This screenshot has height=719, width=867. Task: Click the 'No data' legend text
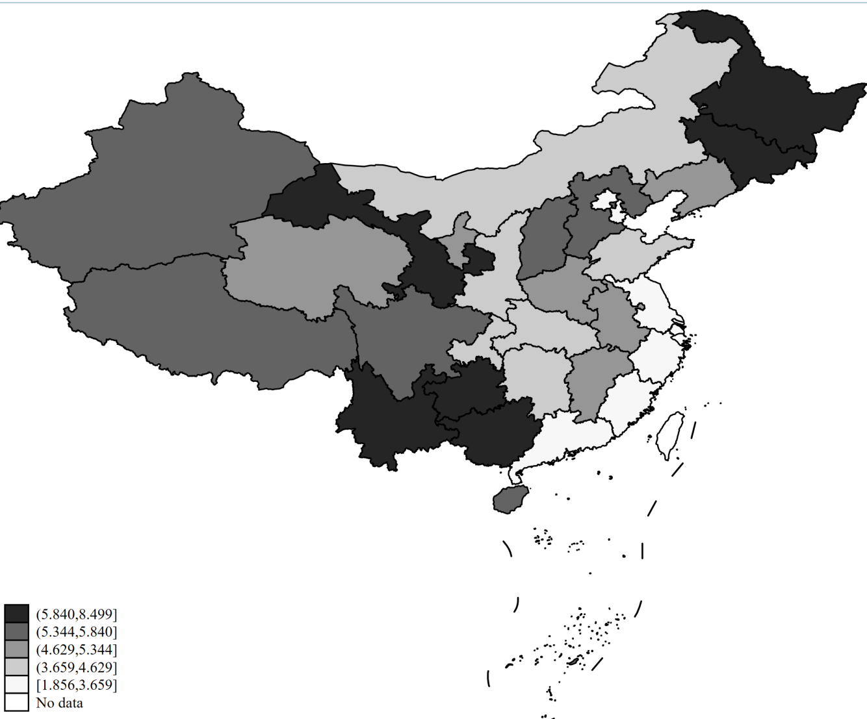coord(59,703)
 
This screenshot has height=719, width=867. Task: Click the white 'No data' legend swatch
coord(16,703)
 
